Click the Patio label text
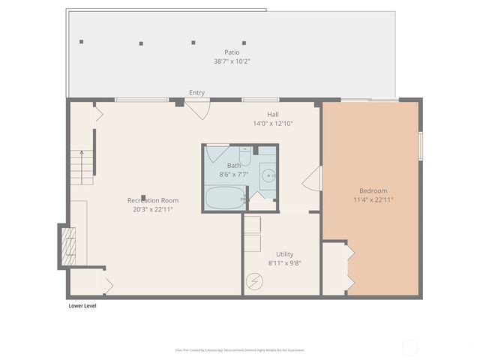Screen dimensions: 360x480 (x=232, y=52)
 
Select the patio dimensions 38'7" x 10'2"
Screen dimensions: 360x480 (x=232, y=61)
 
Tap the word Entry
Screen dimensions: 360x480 (x=196, y=93)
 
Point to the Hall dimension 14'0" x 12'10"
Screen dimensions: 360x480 (x=272, y=123)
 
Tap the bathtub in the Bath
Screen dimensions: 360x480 (x=225, y=199)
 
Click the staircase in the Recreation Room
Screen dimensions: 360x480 (x=82, y=166)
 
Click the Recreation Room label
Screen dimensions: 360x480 (x=153, y=200)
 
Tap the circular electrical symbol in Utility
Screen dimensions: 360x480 (x=254, y=281)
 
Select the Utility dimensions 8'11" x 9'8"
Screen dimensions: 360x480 (x=284, y=263)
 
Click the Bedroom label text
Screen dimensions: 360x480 (x=373, y=190)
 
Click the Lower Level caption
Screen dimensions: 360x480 (x=82, y=306)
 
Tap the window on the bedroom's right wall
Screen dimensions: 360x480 (x=421, y=145)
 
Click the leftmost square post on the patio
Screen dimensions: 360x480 (x=82, y=42)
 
